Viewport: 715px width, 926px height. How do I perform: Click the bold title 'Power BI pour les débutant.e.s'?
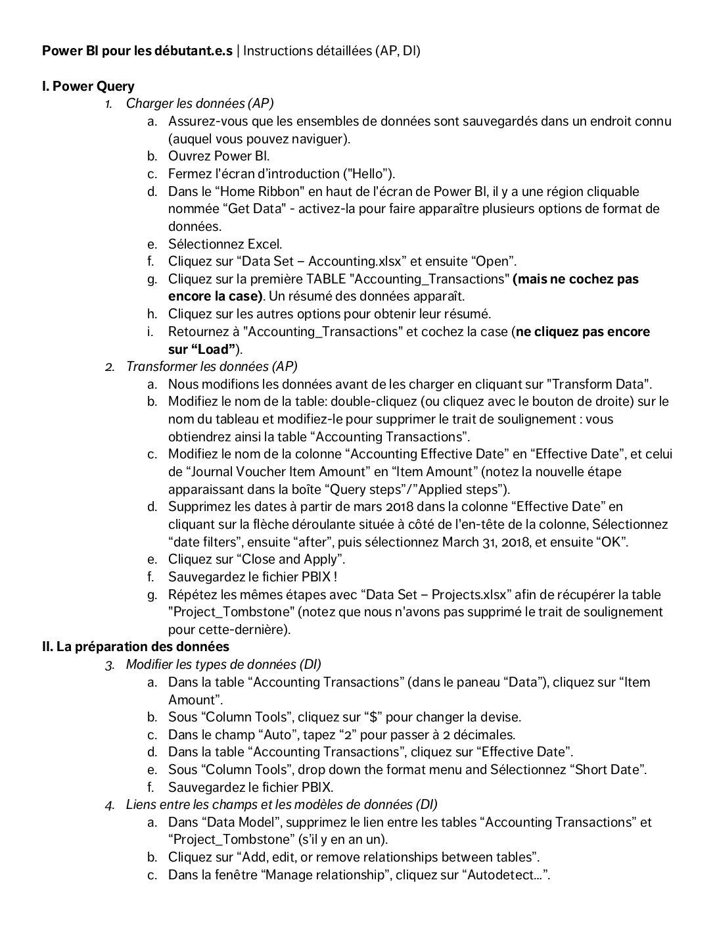click(x=137, y=51)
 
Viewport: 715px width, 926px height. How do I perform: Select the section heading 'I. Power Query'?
click(x=88, y=86)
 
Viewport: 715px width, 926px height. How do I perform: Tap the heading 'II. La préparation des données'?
click(x=135, y=646)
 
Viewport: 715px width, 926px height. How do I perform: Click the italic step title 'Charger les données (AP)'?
click(x=200, y=103)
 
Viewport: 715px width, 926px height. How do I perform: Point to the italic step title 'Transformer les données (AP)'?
click(x=212, y=366)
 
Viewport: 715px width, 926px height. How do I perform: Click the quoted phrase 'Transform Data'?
click(x=599, y=384)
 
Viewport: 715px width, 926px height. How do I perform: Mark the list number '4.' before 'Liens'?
click(x=109, y=805)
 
